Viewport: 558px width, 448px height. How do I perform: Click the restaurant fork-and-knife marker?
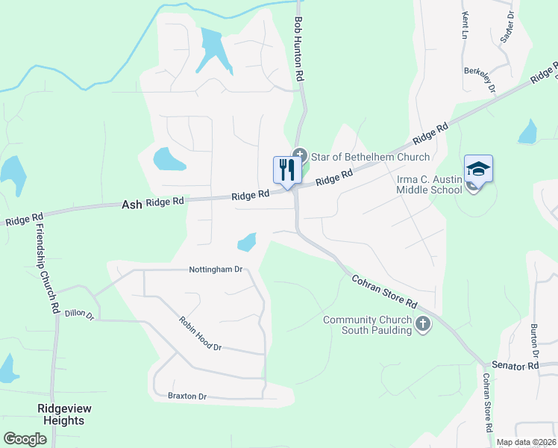click(x=286, y=170)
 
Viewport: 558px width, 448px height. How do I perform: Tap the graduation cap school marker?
click(x=478, y=169)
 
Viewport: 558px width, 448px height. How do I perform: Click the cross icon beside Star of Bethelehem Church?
click(x=300, y=155)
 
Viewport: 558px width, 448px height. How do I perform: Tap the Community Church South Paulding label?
click(x=367, y=326)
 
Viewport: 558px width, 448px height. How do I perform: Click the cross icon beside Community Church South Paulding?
click(x=423, y=324)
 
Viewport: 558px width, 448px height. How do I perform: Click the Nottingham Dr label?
click(x=216, y=269)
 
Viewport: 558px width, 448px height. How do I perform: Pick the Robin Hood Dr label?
click(x=200, y=333)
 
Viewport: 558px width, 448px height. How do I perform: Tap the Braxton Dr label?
click(x=186, y=396)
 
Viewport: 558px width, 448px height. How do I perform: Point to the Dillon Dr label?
click(x=79, y=316)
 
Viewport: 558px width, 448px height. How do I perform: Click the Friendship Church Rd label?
click(x=46, y=267)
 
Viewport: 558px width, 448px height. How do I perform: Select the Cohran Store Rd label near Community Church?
click(x=384, y=293)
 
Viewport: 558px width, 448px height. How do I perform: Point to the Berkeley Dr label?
click(x=480, y=79)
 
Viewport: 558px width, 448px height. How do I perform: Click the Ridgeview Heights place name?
click(x=61, y=414)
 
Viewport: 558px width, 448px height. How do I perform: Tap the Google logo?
click(x=25, y=439)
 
